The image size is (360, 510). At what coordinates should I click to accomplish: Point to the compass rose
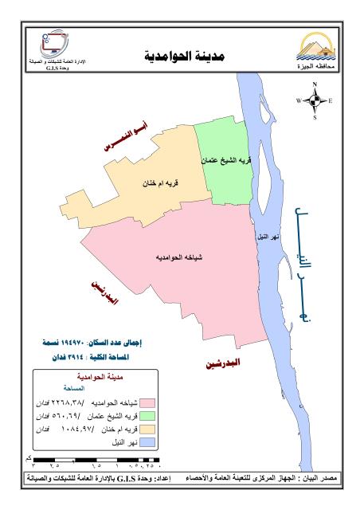[x=314, y=101]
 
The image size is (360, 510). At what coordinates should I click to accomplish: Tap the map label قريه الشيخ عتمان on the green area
[x=226, y=160]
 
